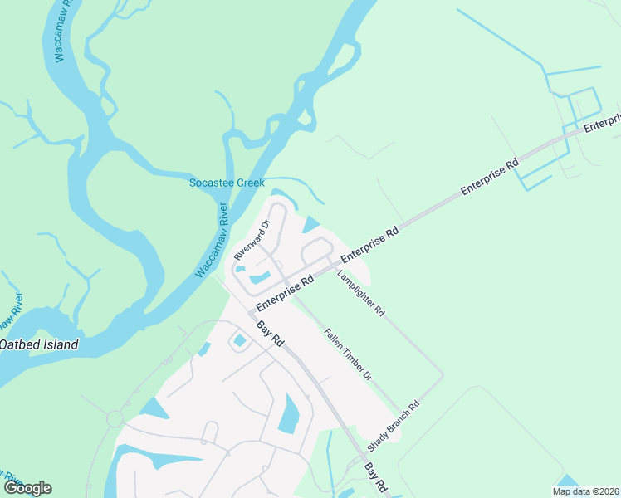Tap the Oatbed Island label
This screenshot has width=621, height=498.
38,344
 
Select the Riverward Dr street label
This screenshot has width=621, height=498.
252,239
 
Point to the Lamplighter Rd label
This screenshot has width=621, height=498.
361,294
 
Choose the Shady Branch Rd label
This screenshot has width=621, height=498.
400,422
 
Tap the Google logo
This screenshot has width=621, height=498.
27,488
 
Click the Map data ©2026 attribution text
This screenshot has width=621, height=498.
584,491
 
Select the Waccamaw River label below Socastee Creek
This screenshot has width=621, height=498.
212,239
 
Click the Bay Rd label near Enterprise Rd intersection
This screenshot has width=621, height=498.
270,334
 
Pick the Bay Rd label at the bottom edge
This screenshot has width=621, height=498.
376,476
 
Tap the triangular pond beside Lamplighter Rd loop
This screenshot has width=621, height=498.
311,224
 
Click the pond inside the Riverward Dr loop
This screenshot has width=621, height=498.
259,276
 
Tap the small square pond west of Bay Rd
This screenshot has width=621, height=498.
240,340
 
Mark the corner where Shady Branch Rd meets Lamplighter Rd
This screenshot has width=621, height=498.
443,374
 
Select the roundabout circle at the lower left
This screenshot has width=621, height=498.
114,419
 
